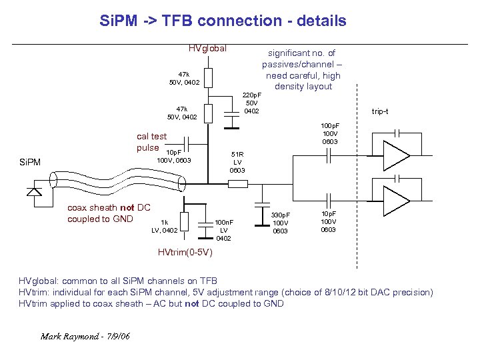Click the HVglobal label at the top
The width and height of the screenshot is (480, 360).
207,48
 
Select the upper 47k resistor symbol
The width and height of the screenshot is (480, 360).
208,78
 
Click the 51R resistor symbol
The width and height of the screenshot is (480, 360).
209,161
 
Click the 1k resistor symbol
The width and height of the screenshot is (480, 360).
185,221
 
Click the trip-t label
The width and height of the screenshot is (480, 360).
380,111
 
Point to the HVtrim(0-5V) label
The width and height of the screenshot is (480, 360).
185,253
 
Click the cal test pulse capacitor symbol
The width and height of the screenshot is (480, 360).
187,143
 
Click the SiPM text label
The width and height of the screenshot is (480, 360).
29,162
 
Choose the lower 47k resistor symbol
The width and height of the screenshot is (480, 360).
208,113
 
